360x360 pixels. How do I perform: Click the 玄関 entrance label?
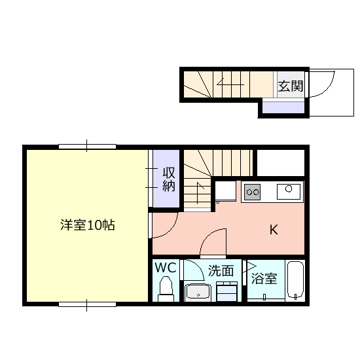point(291,86)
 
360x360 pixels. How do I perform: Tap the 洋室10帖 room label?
point(88,225)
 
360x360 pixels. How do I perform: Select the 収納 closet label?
point(169,179)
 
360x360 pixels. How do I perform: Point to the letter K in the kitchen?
point(274,229)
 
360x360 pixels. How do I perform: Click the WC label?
point(166,268)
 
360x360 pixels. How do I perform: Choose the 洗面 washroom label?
point(221,271)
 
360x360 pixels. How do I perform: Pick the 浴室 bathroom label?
point(264,278)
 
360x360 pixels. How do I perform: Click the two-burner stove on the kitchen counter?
point(253,192)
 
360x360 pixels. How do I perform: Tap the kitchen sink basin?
point(289,192)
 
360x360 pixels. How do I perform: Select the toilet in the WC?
point(166,289)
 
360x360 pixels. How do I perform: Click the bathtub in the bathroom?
point(295,280)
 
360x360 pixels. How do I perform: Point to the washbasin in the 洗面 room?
point(198,293)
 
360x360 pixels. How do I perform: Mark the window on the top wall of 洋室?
point(87,147)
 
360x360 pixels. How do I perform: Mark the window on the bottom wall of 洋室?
point(87,304)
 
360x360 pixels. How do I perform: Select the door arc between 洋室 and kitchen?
point(171,230)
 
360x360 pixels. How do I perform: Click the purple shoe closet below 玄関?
point(283,107)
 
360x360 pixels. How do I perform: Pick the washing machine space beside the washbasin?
point(227,291)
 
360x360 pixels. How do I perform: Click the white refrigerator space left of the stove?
point(225,190)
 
